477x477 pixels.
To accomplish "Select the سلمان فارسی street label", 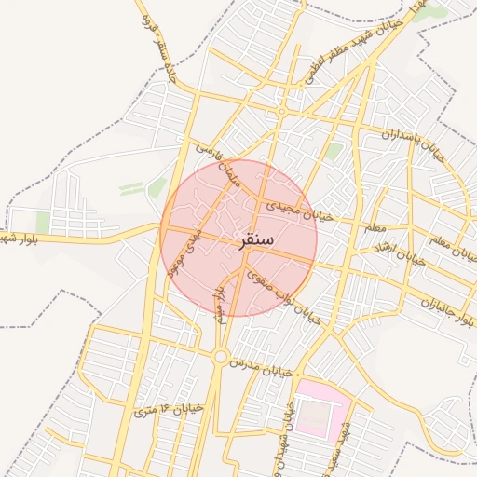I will [x=217, y=164].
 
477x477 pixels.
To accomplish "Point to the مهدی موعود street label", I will [x=182, y=251].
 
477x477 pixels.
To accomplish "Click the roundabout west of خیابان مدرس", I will [x=220, y=356].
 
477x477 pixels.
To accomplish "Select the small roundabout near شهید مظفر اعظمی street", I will [x=281, y=112].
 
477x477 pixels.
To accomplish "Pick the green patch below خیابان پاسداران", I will [x=334, y=152].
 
